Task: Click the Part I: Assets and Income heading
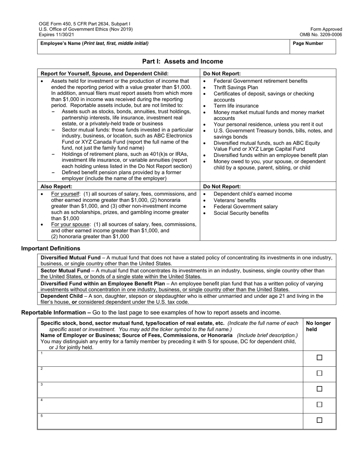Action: point(182,61)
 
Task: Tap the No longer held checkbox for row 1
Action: point(319,358)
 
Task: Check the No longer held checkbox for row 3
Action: point(319,389)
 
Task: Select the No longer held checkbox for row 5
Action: point(319,420)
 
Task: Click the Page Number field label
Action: point(308,44)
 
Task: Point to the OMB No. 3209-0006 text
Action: point(321,34)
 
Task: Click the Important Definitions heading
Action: point(50,249)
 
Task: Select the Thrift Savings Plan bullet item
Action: point(236,87)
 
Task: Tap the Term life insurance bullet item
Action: point(236,106)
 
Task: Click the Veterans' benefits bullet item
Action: point(235,200)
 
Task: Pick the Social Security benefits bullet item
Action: point(241,213)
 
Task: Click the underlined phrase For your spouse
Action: point(70,224)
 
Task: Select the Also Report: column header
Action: point(56,186)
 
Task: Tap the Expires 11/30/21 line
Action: point(55,34)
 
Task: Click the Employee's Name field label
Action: point(94,44)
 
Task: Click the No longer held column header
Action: point(318,326)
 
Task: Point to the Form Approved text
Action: point(326,29)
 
